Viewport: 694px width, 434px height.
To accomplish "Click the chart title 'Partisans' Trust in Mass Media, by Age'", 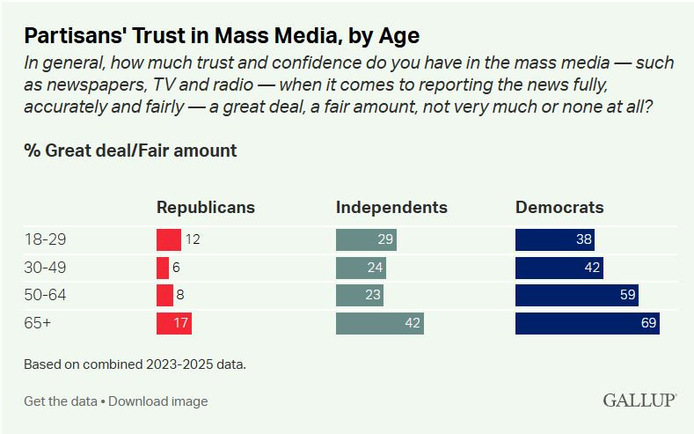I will point(222,36).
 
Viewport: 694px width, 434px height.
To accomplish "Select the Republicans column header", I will point(205,208).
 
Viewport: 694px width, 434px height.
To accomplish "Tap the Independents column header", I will point(391,208).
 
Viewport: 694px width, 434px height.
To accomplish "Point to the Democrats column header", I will point(559,208).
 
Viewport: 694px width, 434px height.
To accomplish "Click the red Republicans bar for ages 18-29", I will point(168,239).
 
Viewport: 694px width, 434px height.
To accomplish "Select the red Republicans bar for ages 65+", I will point(173,323).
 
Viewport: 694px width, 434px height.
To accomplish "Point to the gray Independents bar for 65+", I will point(379,323).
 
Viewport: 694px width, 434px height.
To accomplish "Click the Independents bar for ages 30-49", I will point(361,268).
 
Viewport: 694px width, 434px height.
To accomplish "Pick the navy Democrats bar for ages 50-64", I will point(576,296).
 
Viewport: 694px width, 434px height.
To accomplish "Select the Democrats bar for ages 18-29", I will point(554,239).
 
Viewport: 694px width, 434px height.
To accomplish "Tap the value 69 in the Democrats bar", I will point(649,324).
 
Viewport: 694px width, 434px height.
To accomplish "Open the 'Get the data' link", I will point(60,401).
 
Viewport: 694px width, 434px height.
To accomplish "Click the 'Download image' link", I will point(158,401).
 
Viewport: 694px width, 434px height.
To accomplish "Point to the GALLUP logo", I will point(639,401).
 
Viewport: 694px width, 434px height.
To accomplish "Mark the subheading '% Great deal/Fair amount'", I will point(130,151).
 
